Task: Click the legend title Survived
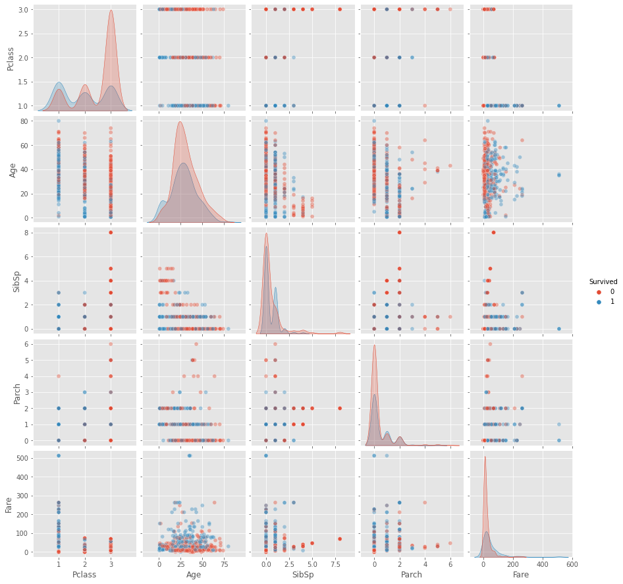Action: [x=603, y=281]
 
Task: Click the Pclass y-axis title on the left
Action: [x=9, y=58]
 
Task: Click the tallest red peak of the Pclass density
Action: [x=111, y=11]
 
